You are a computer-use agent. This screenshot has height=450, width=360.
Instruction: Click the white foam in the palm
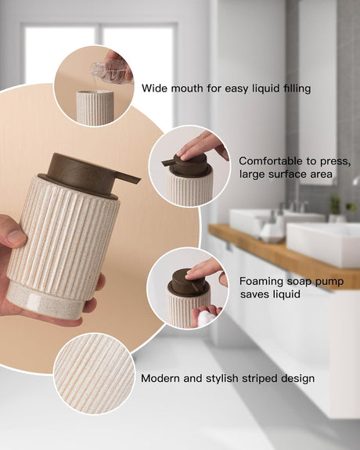(x=206, y=318)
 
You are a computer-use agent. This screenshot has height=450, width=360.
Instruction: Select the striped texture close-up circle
(x=94, y=373)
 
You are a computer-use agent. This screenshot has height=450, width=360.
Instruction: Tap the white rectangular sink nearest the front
(x=323, y=243)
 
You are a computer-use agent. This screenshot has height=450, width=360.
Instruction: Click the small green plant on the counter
(x=334, y=204)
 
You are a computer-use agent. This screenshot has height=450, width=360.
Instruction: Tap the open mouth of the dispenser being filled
(x=94, y=93)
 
